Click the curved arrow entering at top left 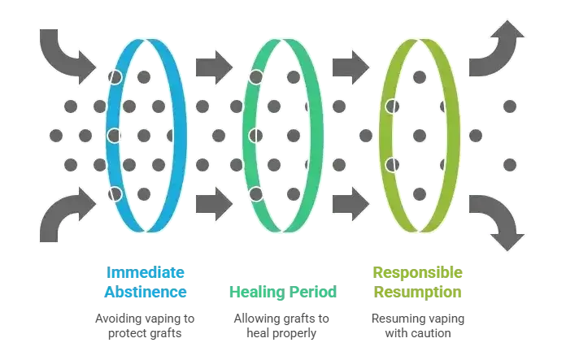[70, 53]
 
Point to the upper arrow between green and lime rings [350, 62]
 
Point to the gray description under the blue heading [147, 324]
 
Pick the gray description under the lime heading [418, 324]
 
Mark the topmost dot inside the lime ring [419, 76]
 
